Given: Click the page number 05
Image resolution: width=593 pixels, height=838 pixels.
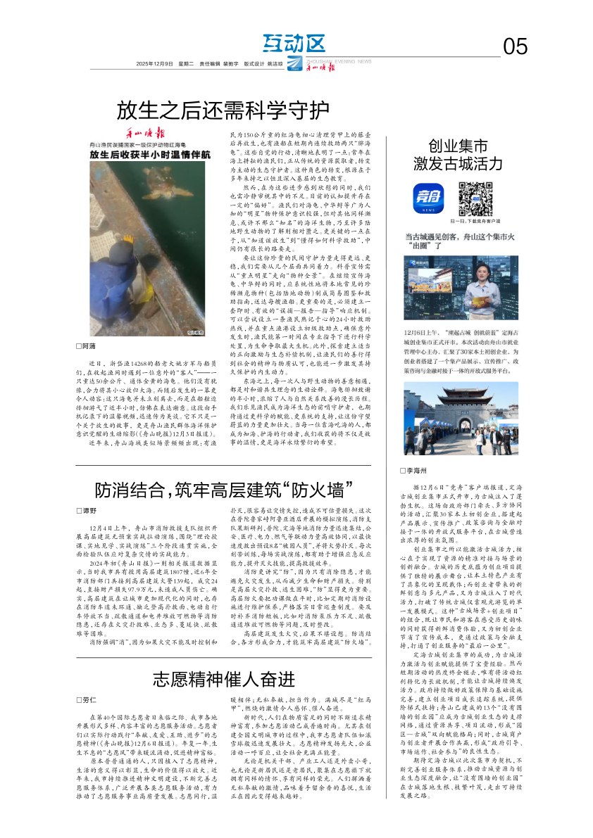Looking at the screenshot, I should pyautogui.click(x=515, y=47).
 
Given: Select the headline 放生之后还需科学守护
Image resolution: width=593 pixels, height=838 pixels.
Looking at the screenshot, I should pyautogui.click(x=223, y=110).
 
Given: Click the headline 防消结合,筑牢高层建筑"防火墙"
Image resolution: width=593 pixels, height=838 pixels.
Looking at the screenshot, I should pyautogui.click(x=224, y=489).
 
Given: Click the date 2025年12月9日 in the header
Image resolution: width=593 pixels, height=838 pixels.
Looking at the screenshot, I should pyautogui.click(x=154, y=64).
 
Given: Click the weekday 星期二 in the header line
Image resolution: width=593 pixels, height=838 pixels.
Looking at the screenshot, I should pyautogui.click(x=186, y=64).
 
